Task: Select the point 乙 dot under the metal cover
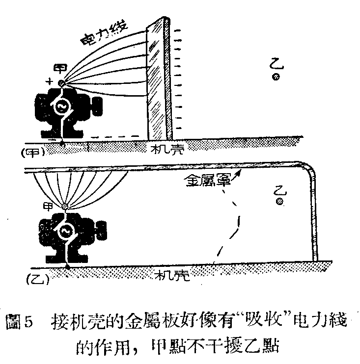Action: (x=279, y=201)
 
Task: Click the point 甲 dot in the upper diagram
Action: (x=61, y=83)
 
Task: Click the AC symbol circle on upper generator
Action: (x=63, y=108)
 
